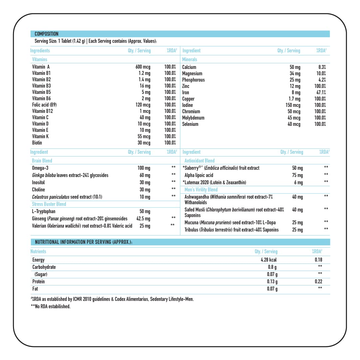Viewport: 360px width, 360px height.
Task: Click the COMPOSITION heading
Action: coord(46,34)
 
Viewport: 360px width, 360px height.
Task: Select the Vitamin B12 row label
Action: coord(42,111)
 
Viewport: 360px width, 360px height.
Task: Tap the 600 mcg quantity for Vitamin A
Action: coord(143,67)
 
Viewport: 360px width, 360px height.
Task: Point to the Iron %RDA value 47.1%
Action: coord(321,93)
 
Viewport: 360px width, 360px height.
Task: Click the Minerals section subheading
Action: coord(189,60)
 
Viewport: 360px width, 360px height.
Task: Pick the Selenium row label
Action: coord(190,124)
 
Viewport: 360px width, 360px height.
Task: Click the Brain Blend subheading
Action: coord(42,161)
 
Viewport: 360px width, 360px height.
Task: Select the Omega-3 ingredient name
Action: coord(40,168)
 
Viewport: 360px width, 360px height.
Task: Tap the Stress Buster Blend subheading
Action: coord(49,204)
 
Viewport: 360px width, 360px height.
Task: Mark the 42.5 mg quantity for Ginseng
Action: coord(143,219)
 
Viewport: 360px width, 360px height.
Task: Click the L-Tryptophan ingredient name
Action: coord(44,211)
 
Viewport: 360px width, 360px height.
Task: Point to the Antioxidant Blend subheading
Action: coord(199,161)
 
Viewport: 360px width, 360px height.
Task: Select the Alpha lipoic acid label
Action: coord(199,175)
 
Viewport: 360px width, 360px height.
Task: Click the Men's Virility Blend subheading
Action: coord(201,189)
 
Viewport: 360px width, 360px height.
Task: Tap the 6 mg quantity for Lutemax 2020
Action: coord(298,182)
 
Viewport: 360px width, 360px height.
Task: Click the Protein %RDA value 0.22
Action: coord(318,281)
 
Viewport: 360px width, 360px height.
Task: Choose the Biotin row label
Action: coord(37,143)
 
